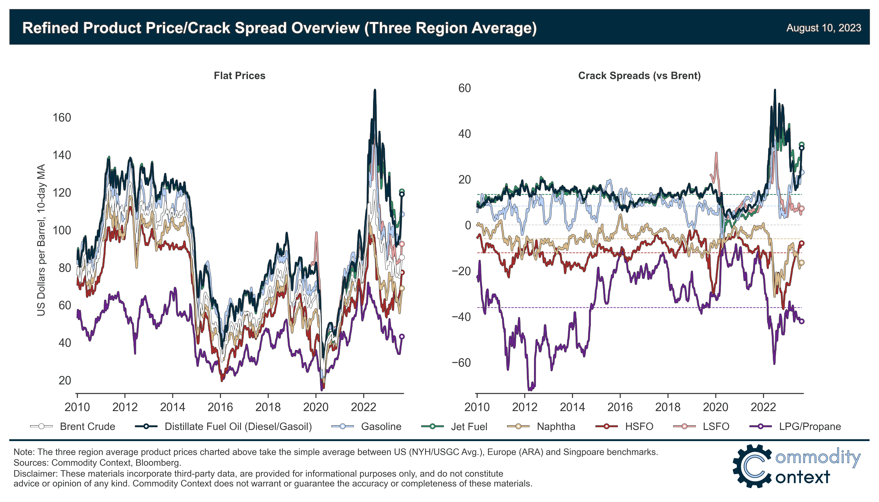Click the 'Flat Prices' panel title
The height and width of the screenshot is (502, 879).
coord(240,76)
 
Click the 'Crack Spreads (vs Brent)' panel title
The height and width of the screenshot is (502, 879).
coord(639,76)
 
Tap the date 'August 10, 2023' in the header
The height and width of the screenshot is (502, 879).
coord(823,28)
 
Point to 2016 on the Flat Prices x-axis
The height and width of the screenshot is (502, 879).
coord(220,407)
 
